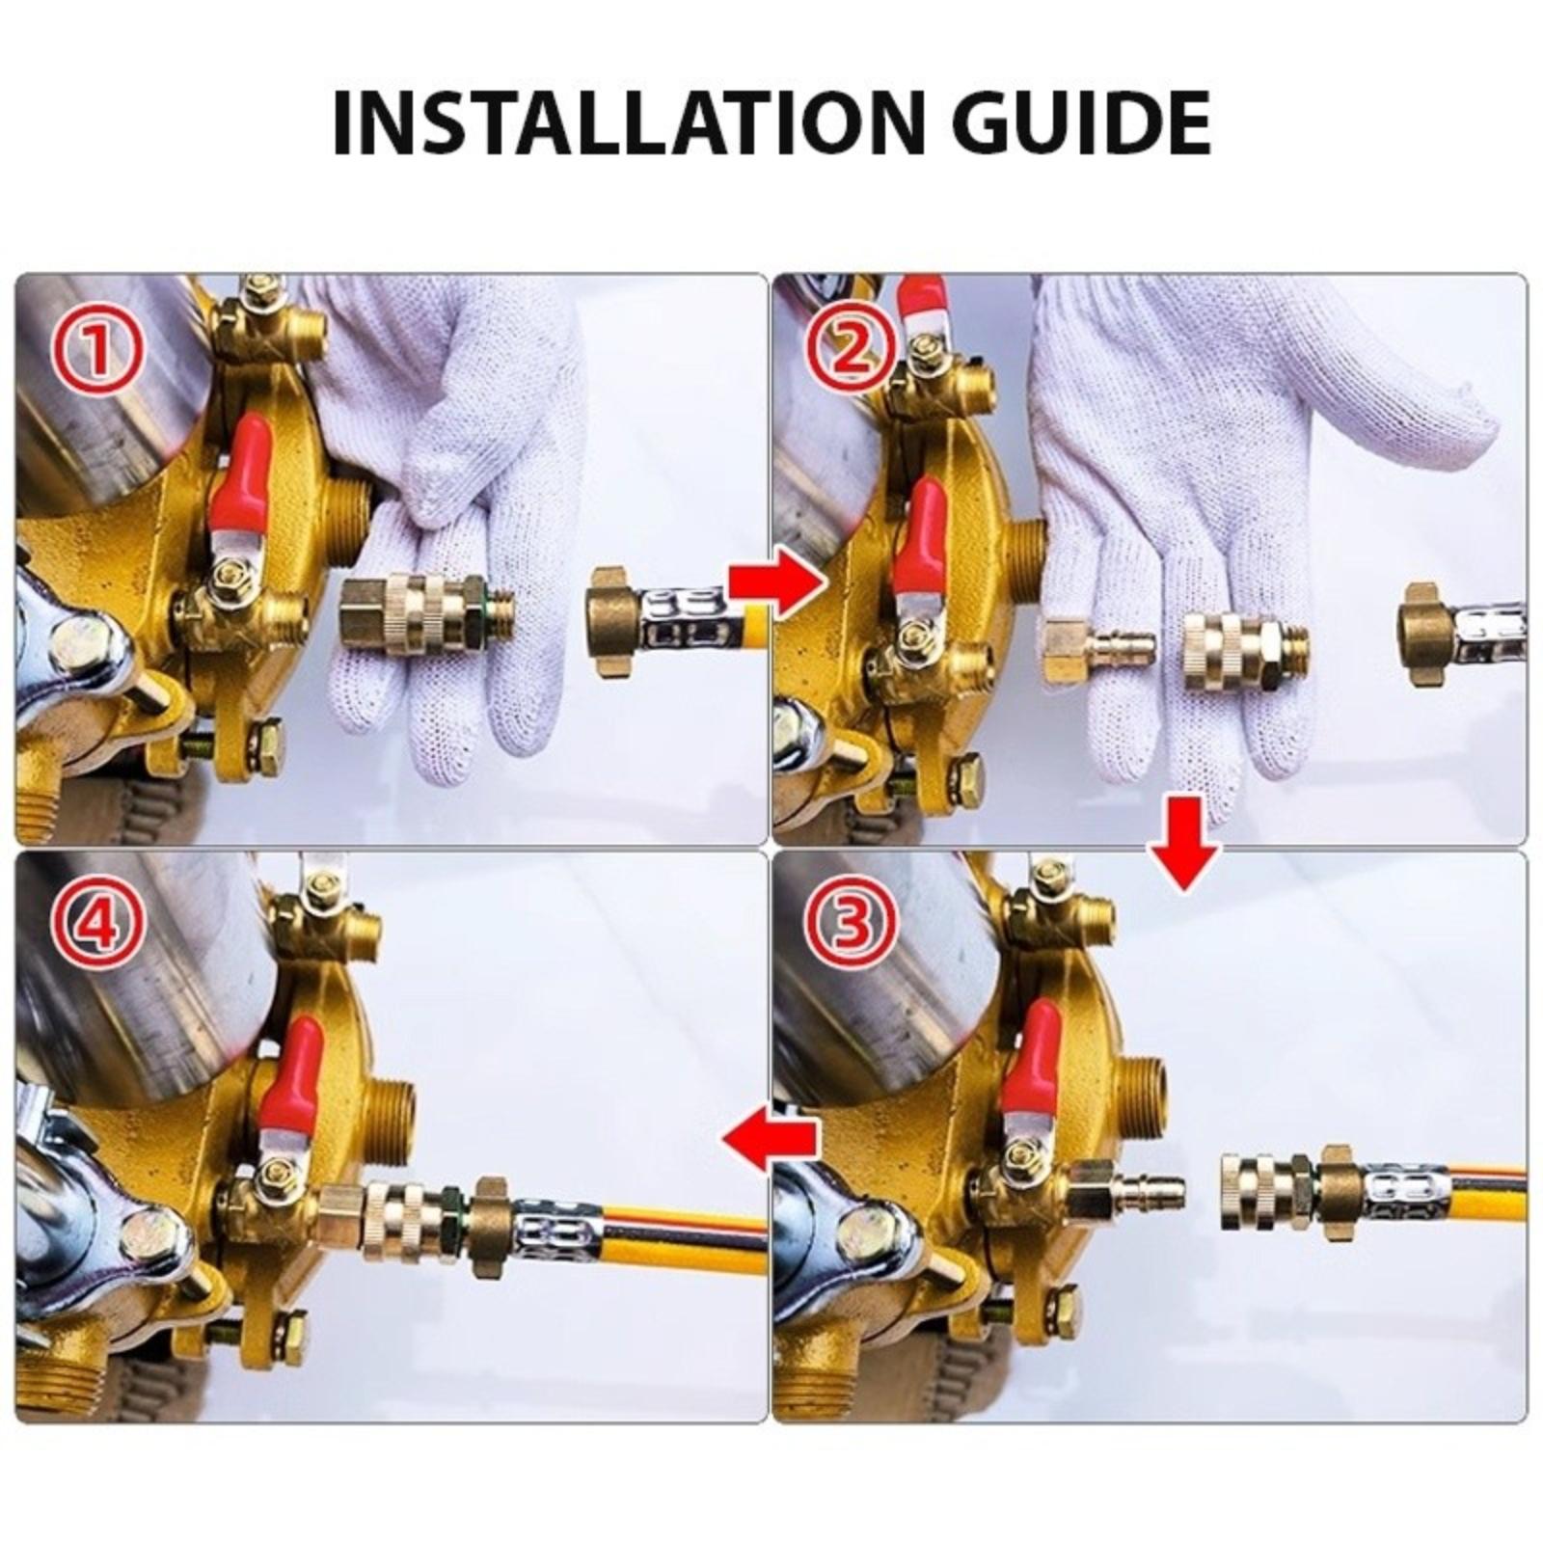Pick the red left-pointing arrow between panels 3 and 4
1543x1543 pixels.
point(770,1140)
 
